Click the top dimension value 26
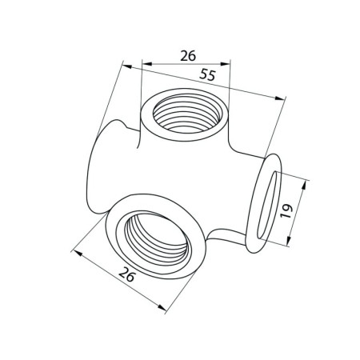(x=188, y=55)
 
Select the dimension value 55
(x=207, y=74)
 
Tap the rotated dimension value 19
(x=286, y=211)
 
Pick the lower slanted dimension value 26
(x=127, y=274)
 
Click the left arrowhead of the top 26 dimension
(x=147, y=64)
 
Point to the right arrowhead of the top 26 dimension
(x=225, y=64)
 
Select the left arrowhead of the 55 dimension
(x=127, y=66)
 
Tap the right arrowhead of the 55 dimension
(x=280, y=98)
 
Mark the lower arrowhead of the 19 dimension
(x=288, y=241)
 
